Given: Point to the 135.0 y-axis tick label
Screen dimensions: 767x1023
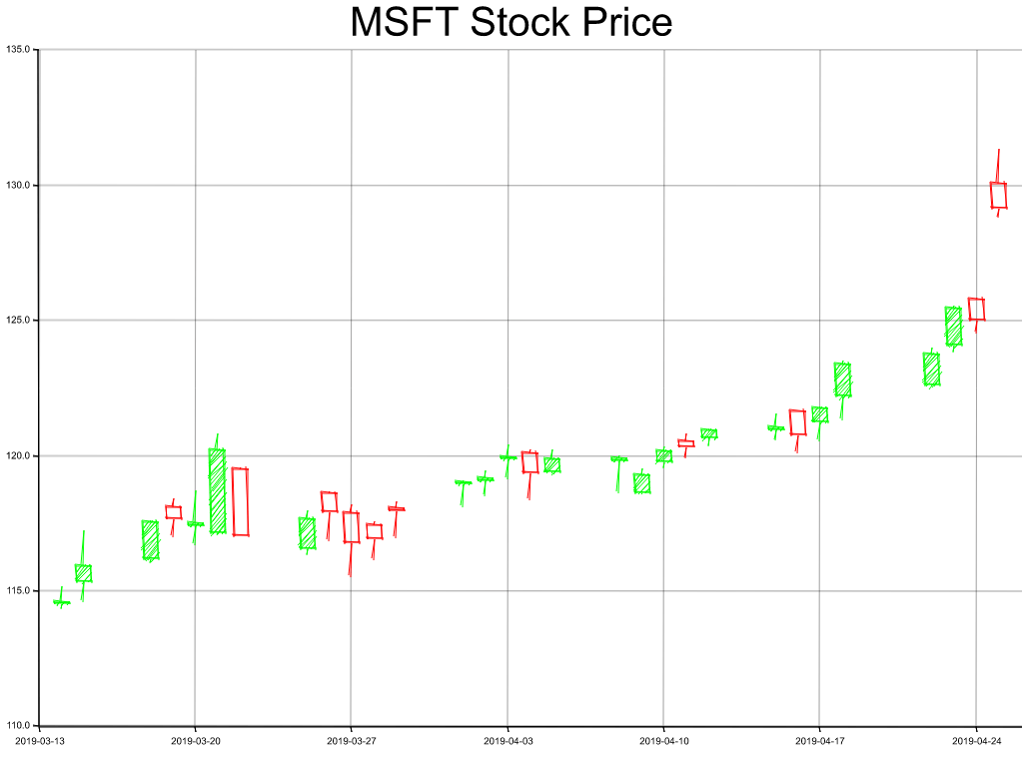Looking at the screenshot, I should (19, 49).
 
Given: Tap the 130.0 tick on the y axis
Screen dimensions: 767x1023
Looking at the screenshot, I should (19, 185).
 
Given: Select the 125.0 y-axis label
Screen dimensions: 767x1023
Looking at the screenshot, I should (19, 321).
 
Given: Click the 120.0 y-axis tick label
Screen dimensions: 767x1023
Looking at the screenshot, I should (19, 455).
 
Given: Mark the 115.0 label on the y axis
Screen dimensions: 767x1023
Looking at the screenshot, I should (19, 591).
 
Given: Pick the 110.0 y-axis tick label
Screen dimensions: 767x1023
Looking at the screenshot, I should (19, 726).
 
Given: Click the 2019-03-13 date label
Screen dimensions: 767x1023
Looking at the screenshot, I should (39, 741).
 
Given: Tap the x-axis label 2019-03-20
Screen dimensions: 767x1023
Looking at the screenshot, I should (195, 741).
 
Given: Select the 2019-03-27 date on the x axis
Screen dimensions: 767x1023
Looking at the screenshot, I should (352, 741).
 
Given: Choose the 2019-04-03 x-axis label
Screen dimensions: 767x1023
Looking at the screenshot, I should (508, 741).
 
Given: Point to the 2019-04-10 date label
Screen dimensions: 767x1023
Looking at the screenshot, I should (663, 741).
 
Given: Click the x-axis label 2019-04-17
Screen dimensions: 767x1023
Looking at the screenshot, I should (820, 741).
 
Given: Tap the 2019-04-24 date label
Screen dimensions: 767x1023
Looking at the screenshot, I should (976, 741).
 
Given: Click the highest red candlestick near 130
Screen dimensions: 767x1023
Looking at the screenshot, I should (998, 195).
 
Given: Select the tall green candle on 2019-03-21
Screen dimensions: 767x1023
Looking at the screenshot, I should (217, 490).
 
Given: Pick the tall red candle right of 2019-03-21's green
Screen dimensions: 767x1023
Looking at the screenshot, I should (240, 501).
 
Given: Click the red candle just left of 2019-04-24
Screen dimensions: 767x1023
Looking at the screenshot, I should (976, 309).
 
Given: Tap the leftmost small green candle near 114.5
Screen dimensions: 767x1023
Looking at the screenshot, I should (61, 602).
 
